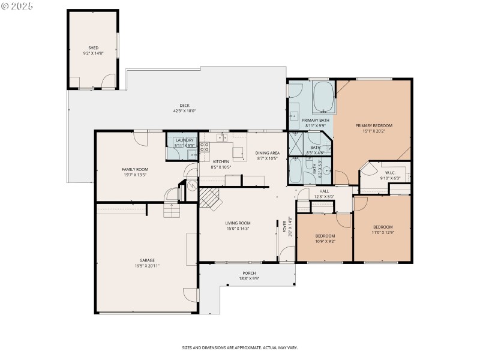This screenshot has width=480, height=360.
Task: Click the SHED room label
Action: coord(93,48)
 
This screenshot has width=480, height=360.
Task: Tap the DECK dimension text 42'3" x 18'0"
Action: coord(184,111)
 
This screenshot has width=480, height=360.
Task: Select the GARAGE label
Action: coord(147,260)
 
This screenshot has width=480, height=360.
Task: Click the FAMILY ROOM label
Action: coord(135,170)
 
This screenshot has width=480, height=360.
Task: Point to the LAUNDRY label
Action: coord(184,140)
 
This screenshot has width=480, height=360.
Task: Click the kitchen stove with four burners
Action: coord(205,148)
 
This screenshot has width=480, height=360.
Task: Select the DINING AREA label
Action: coord(268,153)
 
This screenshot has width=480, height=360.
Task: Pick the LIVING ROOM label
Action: coord(238,223)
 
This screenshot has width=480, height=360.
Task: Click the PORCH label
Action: coord(249,272)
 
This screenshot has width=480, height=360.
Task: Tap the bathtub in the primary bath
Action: coord(324,97)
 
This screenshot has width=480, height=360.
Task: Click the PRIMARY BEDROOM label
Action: coord(373,125)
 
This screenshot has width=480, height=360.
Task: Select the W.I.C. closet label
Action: coord(391,173)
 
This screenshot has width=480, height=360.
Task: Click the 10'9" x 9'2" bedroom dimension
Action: coord(325,241)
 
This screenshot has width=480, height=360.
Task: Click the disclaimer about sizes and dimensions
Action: coord(240,347)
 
